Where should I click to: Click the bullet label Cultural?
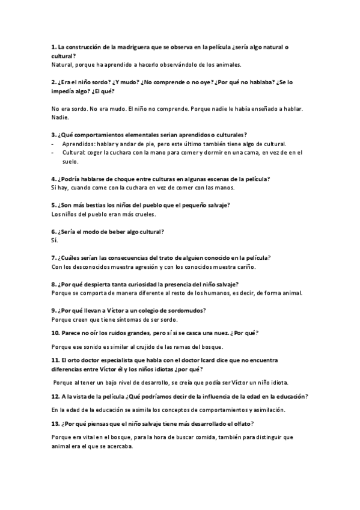tap(74, 153)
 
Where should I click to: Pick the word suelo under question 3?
tap(70, 161)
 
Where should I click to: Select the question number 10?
tap(55, 333)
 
